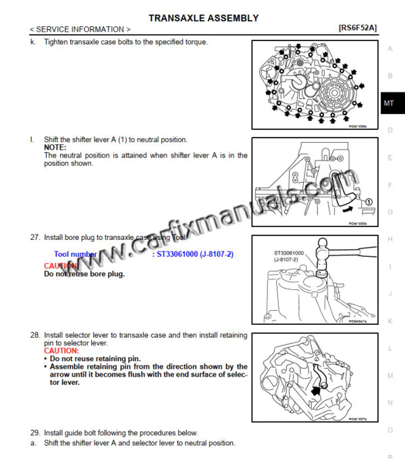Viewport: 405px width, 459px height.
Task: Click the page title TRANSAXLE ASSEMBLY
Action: tap(203, 18)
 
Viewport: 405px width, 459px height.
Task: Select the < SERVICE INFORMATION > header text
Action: tap(80, 30)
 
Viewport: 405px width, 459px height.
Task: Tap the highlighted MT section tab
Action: tap(389, 103)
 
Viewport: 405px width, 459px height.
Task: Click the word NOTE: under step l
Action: tap(55, 148)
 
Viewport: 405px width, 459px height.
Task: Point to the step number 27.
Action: tap(34, 238)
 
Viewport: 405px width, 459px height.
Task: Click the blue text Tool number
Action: tap(75, 255)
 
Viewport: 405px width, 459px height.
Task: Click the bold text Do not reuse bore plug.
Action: tap(84, 274)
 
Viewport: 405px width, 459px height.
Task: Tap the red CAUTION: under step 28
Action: tap(61, 351)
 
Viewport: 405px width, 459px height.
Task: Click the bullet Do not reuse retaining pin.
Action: tap(95, 359)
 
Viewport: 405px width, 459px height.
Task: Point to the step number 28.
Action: tap(34, 335)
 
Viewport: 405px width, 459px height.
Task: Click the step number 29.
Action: tap(34, 433)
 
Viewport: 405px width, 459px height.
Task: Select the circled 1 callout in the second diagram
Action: tap(369, 202)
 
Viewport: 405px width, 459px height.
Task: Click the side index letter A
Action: tap(390, 49)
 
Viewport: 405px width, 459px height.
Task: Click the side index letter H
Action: tap(390, 239)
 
